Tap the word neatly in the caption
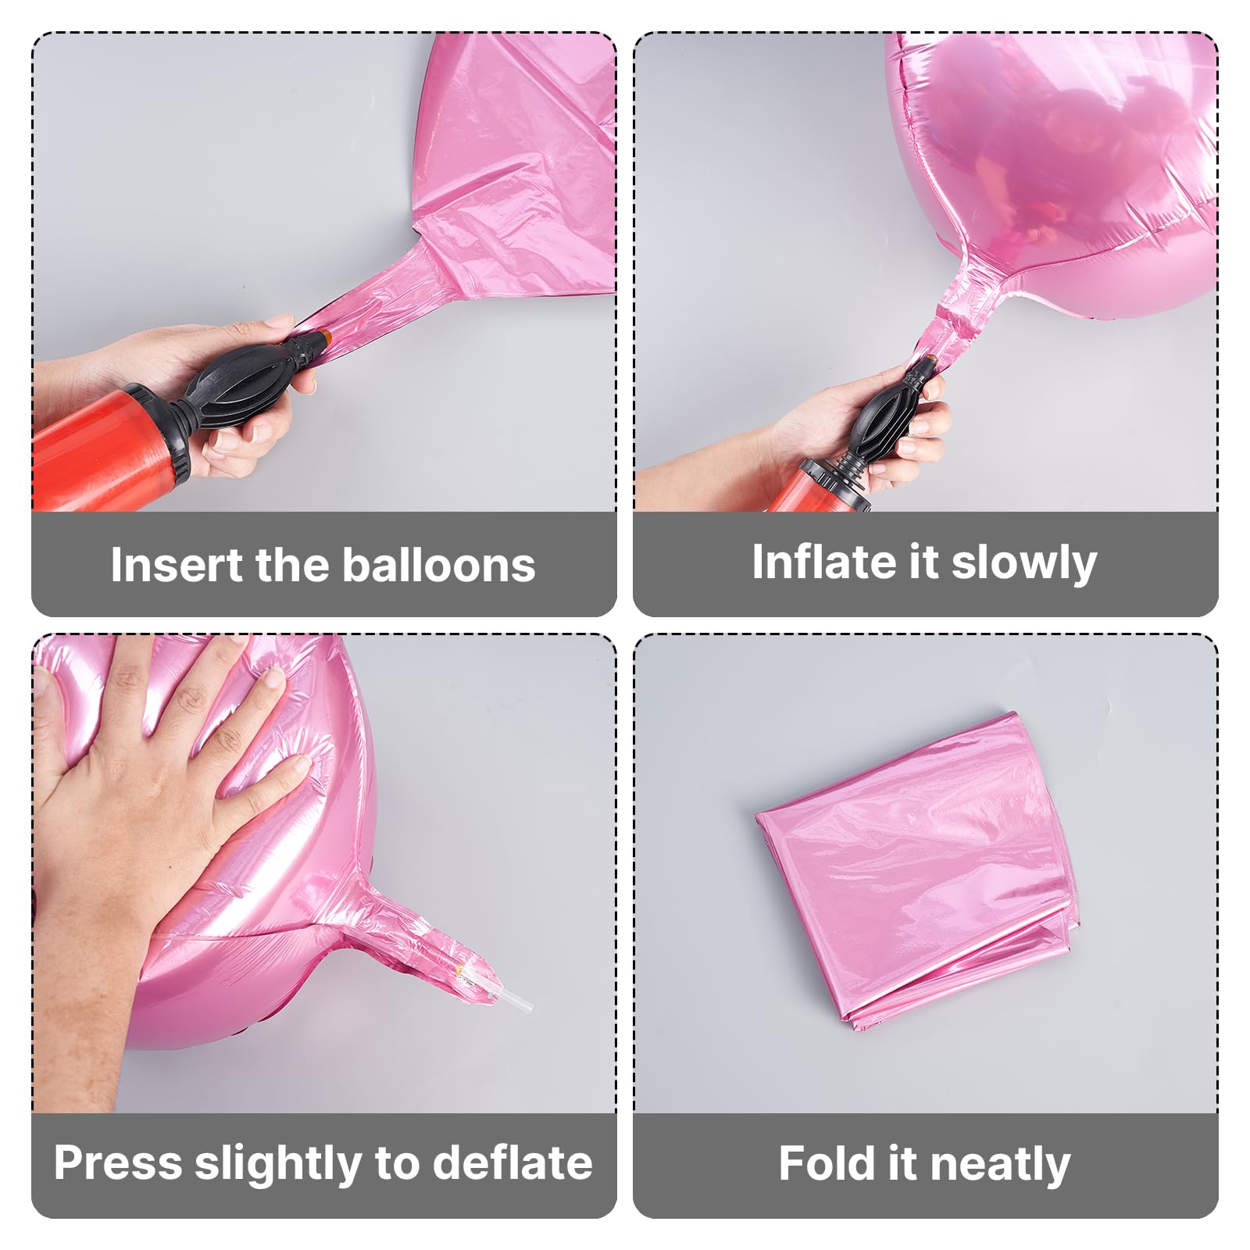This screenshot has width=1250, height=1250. [x=1000, y=1166]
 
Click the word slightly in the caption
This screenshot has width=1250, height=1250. [x=279, y=1164]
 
